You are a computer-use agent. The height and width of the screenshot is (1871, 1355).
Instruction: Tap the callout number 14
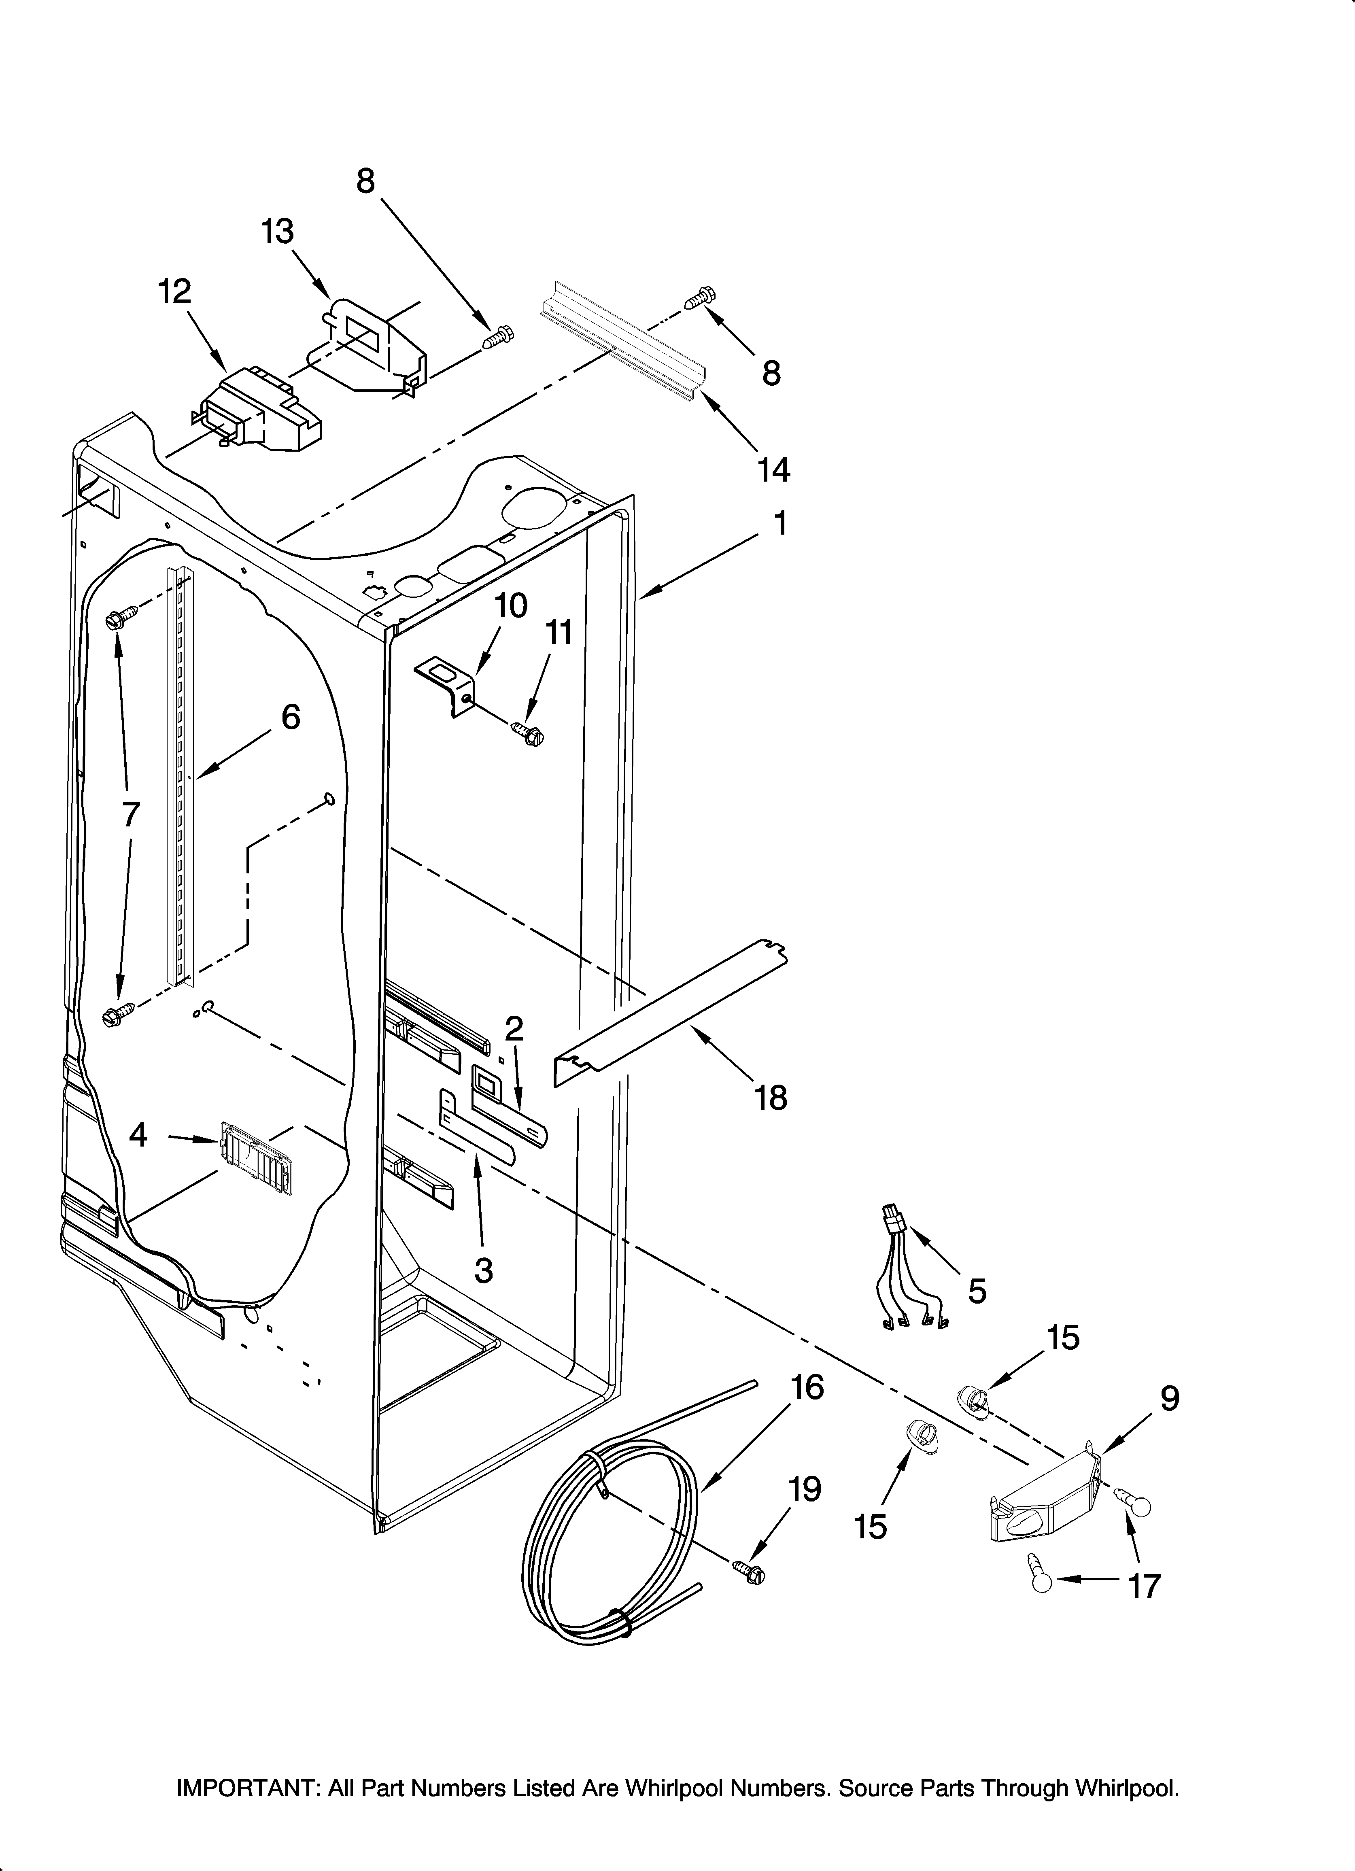coord(773,470)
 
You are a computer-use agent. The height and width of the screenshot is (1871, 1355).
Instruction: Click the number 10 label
coord(511,605)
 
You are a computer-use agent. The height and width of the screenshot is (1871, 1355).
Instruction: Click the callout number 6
coord(291,717)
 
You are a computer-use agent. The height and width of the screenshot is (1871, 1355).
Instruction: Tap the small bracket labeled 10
coord(446,682)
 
